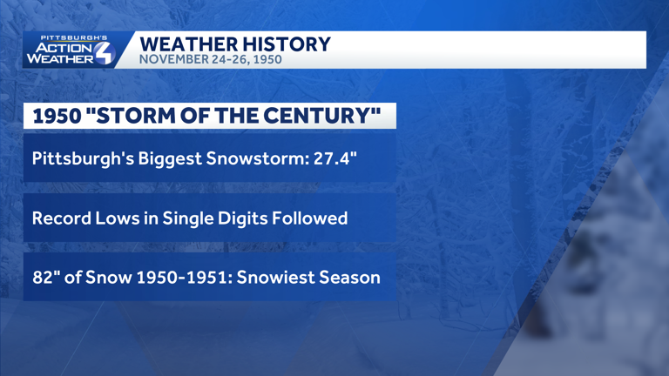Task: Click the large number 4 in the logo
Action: (103, 53)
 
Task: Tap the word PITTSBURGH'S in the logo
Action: (74, 38)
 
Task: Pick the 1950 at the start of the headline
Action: (57, 116)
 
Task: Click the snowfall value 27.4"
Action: (334, 158)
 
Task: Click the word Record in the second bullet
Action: (62, 218)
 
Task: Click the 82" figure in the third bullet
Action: (44, 278)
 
